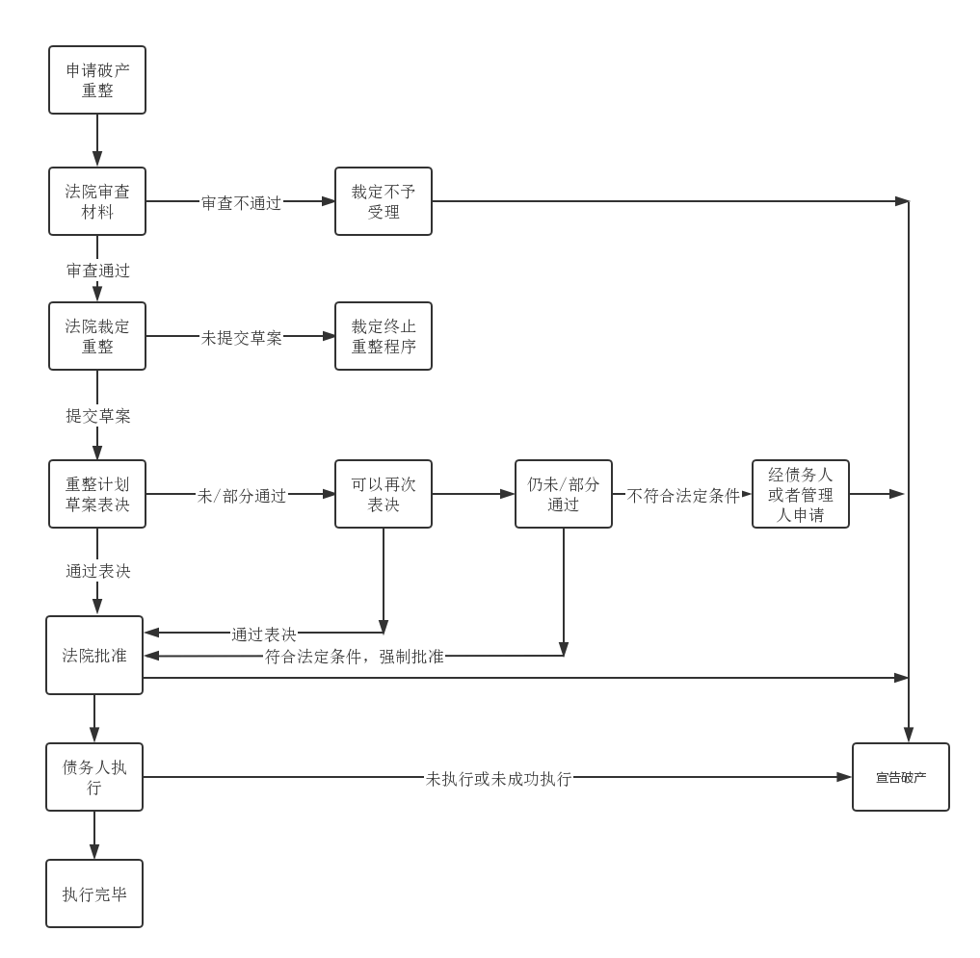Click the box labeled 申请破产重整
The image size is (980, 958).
pos(97,80)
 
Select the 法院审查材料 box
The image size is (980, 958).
pos(97,201)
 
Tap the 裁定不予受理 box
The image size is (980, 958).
pos(384,201)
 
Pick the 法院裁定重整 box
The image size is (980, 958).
pos(97,336)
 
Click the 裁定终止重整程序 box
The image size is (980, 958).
pos(384,336)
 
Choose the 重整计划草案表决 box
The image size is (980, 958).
pos(97,494)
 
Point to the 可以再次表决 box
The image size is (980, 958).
pos(384,494)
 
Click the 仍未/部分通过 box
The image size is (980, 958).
pos(564,494)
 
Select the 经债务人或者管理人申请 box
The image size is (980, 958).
pos(801,494)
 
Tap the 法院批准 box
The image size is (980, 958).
pos(94,656)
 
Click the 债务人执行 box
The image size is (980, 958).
pos(94,777)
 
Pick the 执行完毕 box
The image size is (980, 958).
pos(94,893)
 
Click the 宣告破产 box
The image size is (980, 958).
pos(901,777)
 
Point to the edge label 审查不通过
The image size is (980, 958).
pos(241,203)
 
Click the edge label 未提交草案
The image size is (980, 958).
pos(241,338)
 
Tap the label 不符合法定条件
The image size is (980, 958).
pos(683,496)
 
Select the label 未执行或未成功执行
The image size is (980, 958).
pos(499,779)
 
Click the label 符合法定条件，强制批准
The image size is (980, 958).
pos(354,657)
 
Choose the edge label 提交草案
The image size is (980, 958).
pos(98,416)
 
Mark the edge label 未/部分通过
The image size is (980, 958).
pos(242,496)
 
